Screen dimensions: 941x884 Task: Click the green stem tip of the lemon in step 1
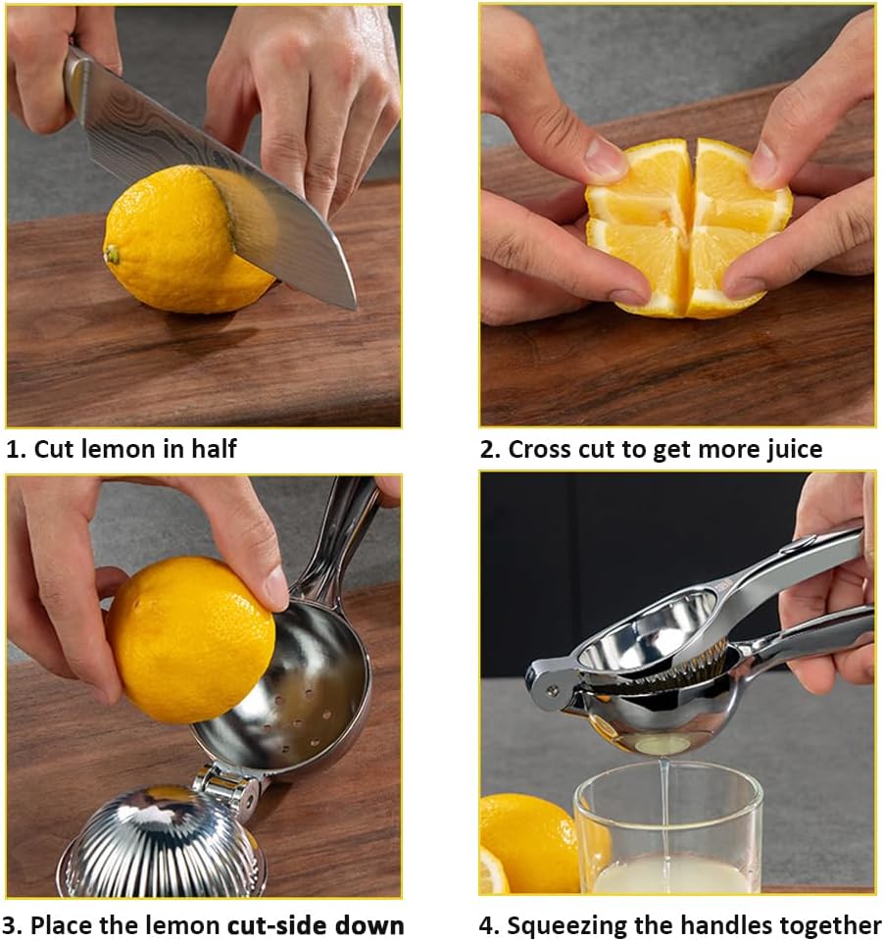(113, 255)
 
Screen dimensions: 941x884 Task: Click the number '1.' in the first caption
(17, 450)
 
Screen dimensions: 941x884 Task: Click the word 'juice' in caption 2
(789, 450)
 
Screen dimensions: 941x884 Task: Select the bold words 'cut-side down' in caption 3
(316, 925)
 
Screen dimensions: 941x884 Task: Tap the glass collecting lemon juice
(666, 833)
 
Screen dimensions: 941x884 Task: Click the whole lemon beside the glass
(524, 838)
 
